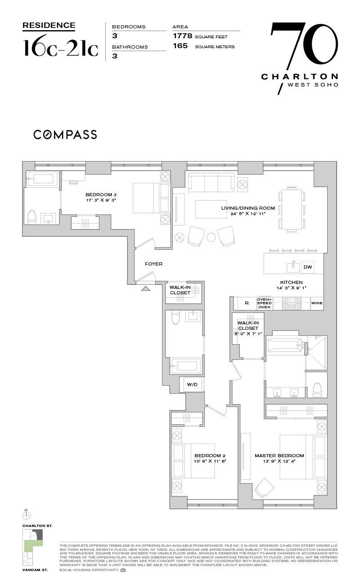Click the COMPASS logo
[x=65, y=134]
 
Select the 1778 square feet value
[x=183, y=36]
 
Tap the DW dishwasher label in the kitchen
[x=308, y=267]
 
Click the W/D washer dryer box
[x=192, y=384]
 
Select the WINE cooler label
[x=317, y=303]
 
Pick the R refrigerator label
[x=247, y=303]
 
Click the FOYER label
[x=153, y=264]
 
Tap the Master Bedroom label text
[x=279, y=455]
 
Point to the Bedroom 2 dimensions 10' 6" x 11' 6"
[x=210, y=461]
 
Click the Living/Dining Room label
[x=247, y=208]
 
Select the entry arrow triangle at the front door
[x=145, y=288]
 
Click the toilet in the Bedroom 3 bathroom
[x=32, y=217]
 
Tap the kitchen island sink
[x=293, y=267]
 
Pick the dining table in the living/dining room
[x=290, y=210]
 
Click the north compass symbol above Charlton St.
[x=27, y=514]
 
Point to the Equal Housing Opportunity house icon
[x=123, y=570]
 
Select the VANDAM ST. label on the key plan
[x=34, y=570]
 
